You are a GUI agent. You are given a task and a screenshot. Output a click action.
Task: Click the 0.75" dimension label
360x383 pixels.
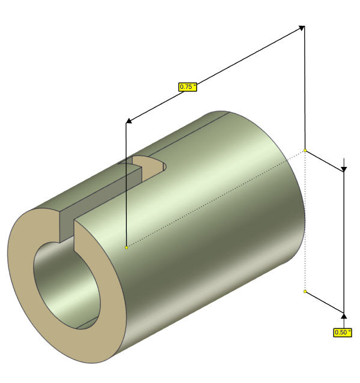point(188,86)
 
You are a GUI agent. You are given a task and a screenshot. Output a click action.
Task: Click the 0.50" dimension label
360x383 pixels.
point(343,332)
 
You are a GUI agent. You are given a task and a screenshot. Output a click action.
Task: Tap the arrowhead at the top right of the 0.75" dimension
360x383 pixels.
point(302,28)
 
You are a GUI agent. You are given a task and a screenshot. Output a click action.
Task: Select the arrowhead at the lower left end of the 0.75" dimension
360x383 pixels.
point(129,121)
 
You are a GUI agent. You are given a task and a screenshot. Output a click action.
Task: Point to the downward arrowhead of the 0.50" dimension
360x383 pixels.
point(344,169)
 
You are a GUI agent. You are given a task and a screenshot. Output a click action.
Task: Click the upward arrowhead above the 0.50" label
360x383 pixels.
point(344,316)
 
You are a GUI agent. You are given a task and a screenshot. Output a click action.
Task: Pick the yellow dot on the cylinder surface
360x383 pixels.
point(126,247)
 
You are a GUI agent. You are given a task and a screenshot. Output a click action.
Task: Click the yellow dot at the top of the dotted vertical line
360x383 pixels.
point(305,150)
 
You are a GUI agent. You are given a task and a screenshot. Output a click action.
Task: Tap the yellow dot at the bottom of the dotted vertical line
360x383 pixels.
point(305,291)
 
